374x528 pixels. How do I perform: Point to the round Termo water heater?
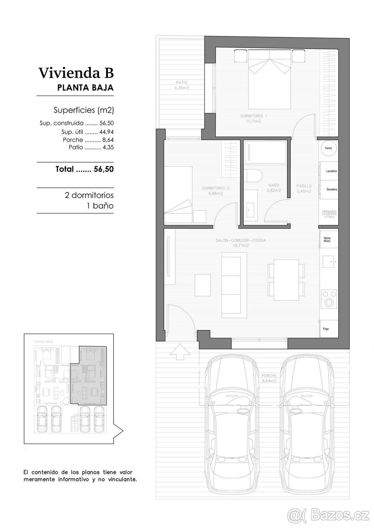(x=329, y=149)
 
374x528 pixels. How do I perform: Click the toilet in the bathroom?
(x=253, y=175)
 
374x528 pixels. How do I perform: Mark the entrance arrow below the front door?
(x=181, y=351)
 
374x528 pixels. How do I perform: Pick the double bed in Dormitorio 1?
(x=270, y=79)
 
